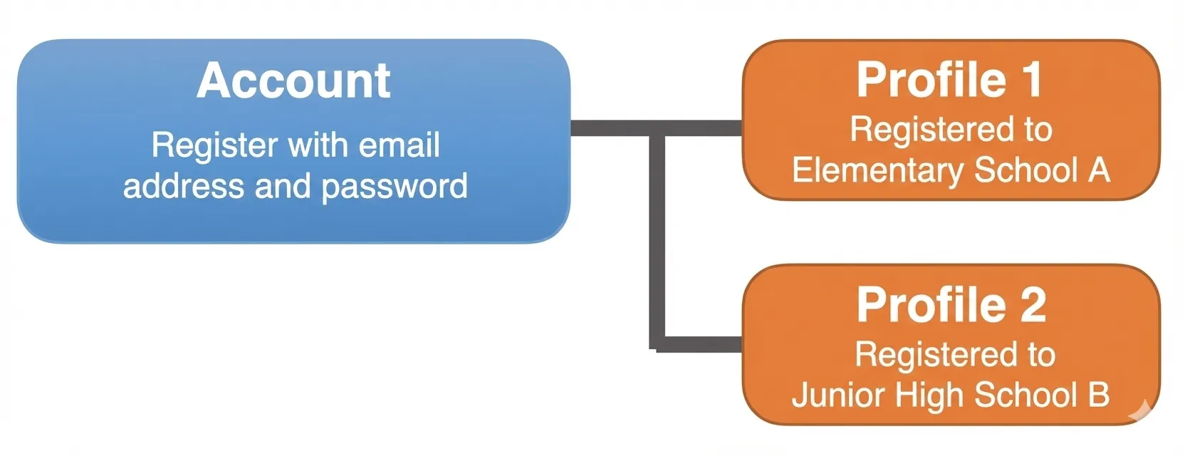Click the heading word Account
tap(293, 81)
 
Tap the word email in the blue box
tap(399, 145)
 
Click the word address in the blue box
tap(183, 186)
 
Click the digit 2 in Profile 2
tap(1033, 305)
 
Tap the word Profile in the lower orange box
tap(931, 305)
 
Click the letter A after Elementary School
tap(1099, 170)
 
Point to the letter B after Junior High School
tap(1099, 395)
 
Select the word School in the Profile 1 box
tap(1025, 170)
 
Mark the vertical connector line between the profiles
tap(657, 242)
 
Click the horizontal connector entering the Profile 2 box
tap(701, 344)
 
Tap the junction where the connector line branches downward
tap(657, 129)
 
